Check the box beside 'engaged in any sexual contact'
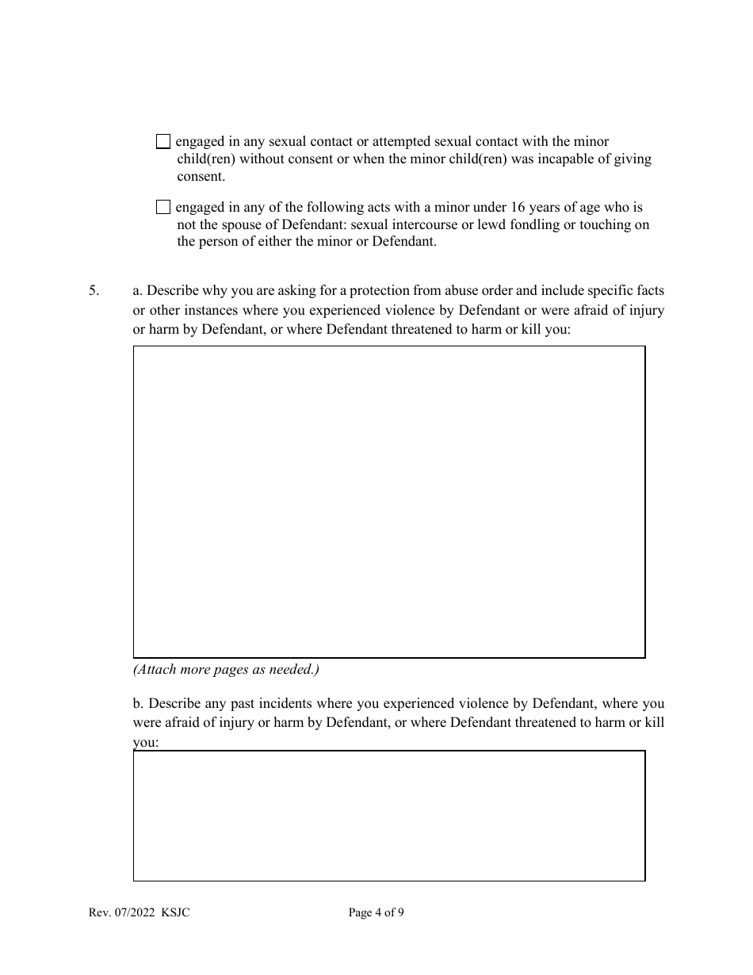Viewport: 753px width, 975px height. [x=163, y=142]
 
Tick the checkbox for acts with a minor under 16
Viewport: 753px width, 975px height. [x=163, y=208]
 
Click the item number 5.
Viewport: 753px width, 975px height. [x=94, y=291]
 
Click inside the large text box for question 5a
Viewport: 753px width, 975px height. [x=388, y=501]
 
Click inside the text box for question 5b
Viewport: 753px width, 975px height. [x=388, y=816]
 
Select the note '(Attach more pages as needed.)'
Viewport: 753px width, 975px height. [x=226, y=669]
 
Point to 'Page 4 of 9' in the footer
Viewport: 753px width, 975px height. [x=376, y=912]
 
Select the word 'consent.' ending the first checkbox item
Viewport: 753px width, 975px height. [x=201, y=176]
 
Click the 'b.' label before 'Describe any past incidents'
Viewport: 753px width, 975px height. [x=139, y=703]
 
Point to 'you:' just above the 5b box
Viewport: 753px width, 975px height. [x=146, y=743]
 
